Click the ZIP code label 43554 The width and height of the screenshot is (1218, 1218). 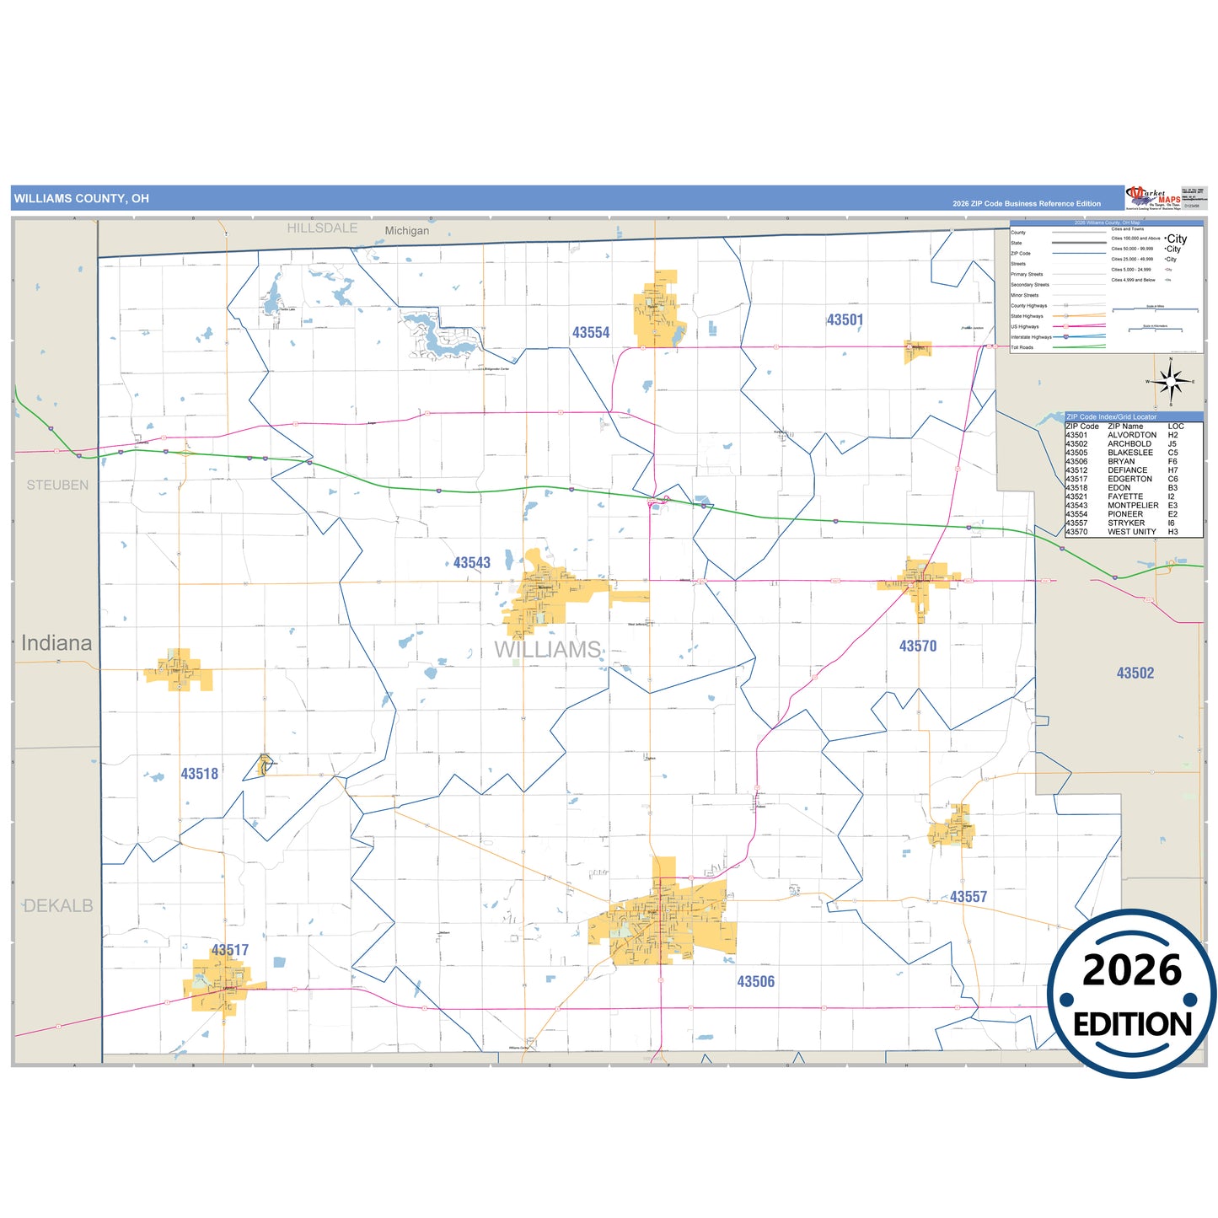tap(590, 333)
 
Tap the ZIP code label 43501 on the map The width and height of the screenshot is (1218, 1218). tap(845, 320)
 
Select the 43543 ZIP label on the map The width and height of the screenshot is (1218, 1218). tap(471, 563)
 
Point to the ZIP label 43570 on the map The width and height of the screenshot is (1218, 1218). tap(917, 647)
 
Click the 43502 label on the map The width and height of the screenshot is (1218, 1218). tap(1135, 673)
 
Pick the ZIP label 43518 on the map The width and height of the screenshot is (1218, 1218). tap(199, 774)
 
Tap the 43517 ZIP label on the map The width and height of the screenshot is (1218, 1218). tap(229, 950)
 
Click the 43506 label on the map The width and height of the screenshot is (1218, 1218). tap(755, 982)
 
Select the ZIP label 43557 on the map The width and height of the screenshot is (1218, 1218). tap(968, 897)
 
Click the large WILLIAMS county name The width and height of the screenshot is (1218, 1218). tap(547, 650)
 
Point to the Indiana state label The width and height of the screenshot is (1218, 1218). tap(56, 643)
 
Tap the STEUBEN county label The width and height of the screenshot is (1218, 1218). tap(57, 486)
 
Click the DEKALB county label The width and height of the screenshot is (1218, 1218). tap(58, 906)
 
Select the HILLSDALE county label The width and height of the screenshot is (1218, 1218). tap(322, 228)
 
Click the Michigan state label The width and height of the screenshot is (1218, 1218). tap(406, 231)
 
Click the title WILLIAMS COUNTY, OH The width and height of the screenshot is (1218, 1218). tap(81, 199)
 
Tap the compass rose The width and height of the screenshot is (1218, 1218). tap(1170, 382)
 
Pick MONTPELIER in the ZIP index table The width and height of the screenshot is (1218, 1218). tap(1132, 506)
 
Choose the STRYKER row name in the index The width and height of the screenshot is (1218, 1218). tap(1125, 523)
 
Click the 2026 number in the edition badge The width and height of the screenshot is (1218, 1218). tap(1131, 970)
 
